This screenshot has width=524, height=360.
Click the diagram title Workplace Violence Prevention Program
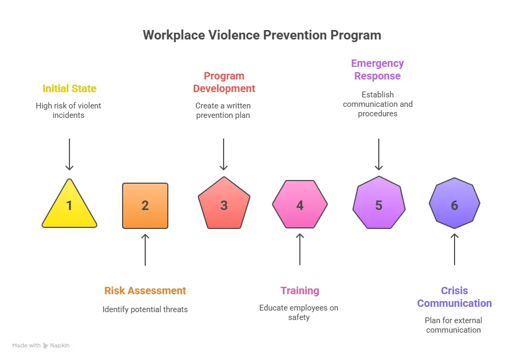point(262,35)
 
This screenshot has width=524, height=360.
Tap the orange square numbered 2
point(145,206)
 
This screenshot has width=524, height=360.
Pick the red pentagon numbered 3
point(224,204)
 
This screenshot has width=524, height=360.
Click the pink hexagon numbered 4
point(300,204)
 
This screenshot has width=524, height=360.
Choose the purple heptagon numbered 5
point(379,203)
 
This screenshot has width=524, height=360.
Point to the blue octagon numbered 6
point(455,203)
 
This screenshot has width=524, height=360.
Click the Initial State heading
point(69,88)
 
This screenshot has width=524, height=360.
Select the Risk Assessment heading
point(145,291)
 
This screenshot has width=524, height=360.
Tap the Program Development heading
point(224,82)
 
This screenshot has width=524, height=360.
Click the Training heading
point(300,291)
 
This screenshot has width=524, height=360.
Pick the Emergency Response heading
point(378,69)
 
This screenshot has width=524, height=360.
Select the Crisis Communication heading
point(455,297)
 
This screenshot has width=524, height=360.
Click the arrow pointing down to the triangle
point(69,154)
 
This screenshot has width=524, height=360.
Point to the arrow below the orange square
point(145,249)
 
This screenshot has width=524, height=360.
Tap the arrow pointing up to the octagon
point(455,249)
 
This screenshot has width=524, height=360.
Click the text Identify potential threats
point(145,309)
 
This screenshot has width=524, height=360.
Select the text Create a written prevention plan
point(223,111)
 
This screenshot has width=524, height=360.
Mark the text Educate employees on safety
point(299,313)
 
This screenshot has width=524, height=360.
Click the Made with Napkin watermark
point(41,346)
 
